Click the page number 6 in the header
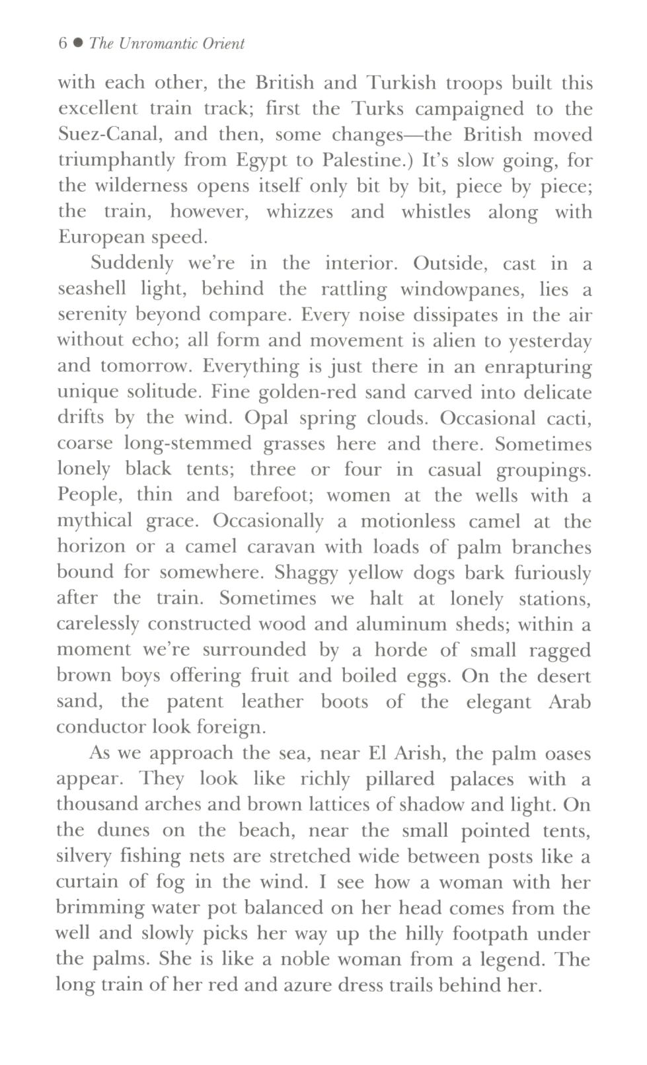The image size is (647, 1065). coord(63,44)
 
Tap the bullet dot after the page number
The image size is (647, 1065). coord(78,44)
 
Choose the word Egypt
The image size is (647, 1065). coord(263,161)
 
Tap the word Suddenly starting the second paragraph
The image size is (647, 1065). coord(132,264)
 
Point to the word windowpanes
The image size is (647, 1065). coord(461,290)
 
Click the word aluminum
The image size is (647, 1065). coord(401,625)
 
